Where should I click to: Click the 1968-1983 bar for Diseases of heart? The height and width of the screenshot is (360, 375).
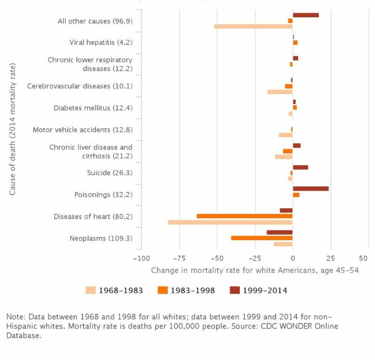pos(230,222)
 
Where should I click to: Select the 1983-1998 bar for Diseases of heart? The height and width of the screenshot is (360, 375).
pos(245,216)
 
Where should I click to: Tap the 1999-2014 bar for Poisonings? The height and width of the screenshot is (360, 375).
pos(311,189)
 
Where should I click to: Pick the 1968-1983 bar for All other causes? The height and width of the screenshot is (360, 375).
pos(254,26)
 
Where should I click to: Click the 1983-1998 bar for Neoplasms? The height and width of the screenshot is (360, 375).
pos(262,238)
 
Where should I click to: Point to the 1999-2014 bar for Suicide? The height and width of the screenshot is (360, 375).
pos(300,167)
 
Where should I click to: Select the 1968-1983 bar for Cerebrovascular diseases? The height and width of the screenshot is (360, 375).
pos(280,92)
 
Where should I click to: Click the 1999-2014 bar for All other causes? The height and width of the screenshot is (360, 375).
pos(306,15)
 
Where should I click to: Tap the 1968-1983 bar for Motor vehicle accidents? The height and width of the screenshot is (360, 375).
pos(285,135)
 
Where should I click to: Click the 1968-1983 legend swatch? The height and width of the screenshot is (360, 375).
pos(90,290)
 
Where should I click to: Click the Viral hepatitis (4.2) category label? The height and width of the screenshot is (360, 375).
pos(101,42)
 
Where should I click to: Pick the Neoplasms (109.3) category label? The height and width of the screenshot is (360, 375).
pos(101,238)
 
